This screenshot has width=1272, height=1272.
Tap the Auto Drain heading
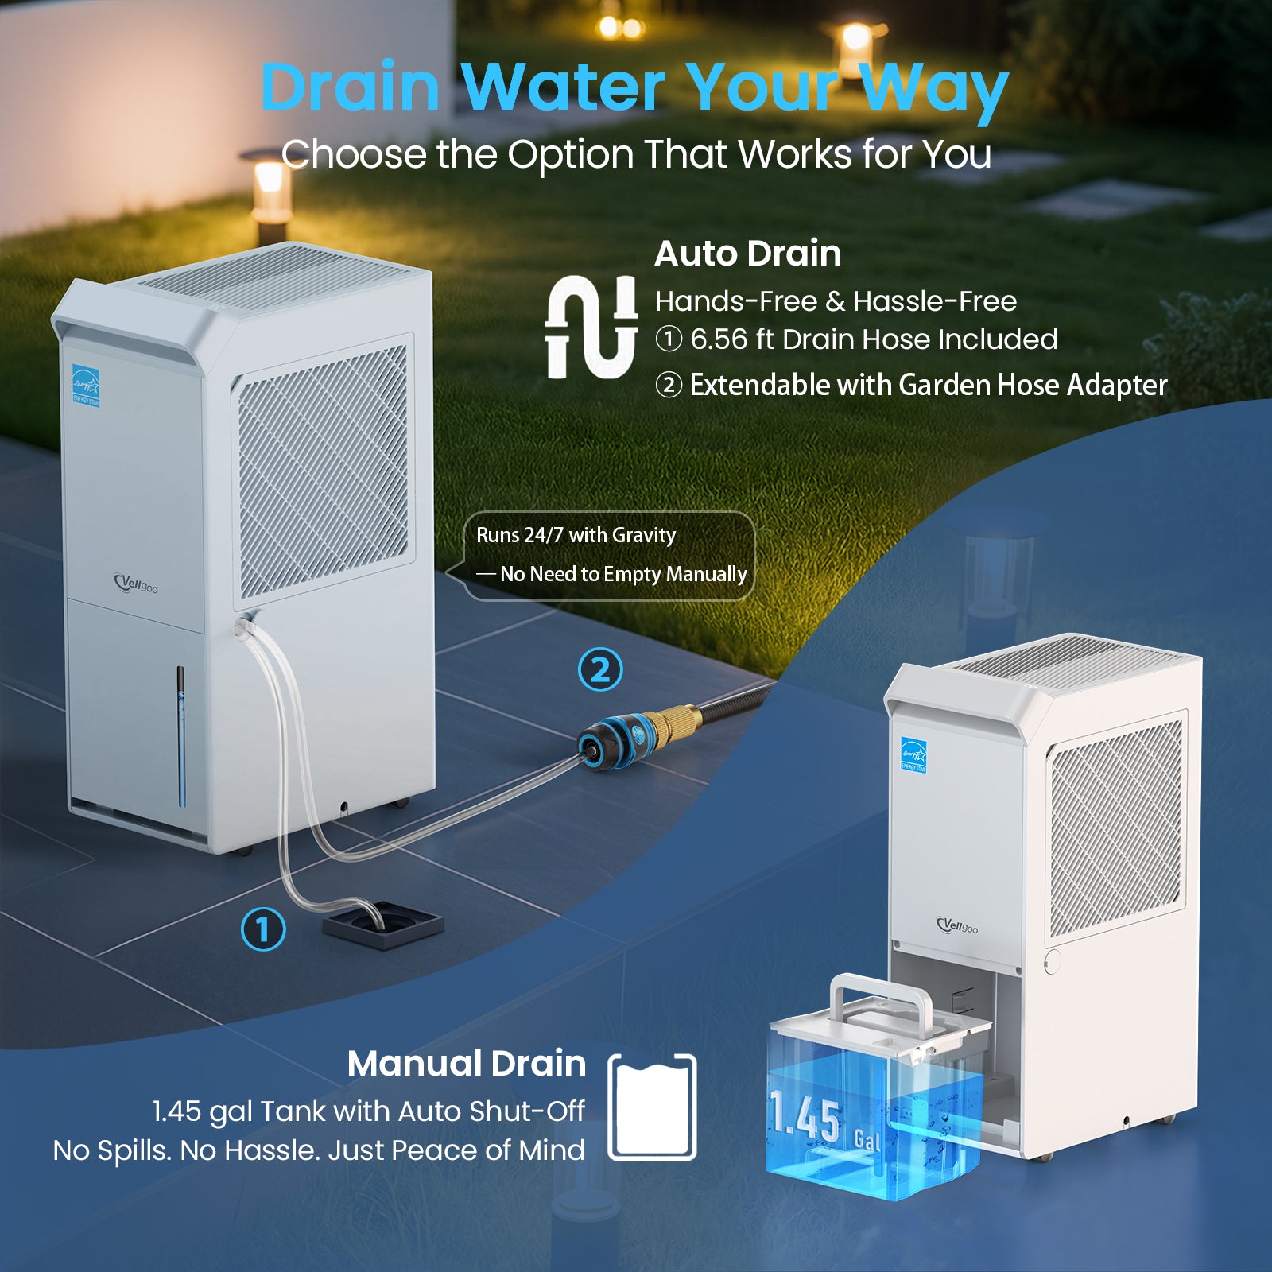tap(747, 254)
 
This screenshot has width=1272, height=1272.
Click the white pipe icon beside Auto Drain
tap(591, 327)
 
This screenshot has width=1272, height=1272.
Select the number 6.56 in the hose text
tap(719, 339)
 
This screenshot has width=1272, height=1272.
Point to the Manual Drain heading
tap(467, 1064)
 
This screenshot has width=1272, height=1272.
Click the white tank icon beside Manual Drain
tap(652, 1107)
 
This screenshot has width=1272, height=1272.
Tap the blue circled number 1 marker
tap(263, 929)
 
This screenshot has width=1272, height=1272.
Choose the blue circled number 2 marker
tap(600, 669)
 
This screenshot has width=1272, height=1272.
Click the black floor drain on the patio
tap(382, 925)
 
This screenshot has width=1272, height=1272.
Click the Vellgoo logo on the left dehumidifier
tap(136, 584)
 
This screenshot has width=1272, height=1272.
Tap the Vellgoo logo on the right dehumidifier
tap(957, 925)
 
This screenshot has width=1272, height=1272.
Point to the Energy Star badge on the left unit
tap(86, 386)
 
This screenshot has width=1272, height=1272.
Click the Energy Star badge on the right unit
tap(913, 754)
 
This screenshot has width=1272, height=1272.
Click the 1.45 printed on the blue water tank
tap(805, 1117)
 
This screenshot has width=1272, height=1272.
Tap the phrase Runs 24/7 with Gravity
tap(576, 535)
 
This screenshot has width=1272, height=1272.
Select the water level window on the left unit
tap(181, 735)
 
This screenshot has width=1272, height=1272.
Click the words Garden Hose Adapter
tap(1033, 386)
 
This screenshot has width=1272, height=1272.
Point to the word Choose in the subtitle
tap(354, 154)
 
